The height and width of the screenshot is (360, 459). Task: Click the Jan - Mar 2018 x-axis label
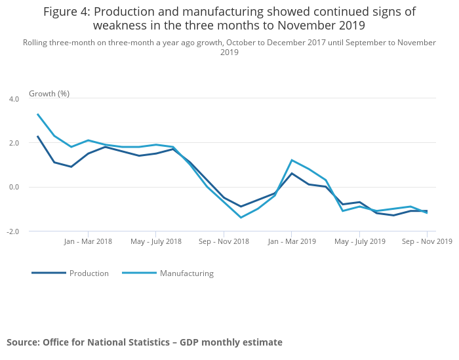pos(88,241)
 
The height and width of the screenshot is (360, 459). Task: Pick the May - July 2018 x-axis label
pos(156,241)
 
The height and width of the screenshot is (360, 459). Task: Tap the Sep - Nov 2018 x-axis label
pos(224,241)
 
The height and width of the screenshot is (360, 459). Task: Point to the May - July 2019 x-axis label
pos(359,241)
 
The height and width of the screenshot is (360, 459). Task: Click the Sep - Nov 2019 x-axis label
pos(427,241)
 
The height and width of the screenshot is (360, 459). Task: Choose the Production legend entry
pos(89,273)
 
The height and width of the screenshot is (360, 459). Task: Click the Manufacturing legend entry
pos(186,273)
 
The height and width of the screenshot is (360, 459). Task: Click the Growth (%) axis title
pos(49,94)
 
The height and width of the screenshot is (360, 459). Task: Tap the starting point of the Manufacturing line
pos(37,114)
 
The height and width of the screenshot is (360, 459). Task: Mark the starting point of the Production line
pos(37,136)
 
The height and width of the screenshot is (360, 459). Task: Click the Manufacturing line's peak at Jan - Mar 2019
pos(291,160)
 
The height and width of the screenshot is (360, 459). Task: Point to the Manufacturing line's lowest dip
pos(241,218)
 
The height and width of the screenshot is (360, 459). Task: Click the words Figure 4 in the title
pos(66,12)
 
